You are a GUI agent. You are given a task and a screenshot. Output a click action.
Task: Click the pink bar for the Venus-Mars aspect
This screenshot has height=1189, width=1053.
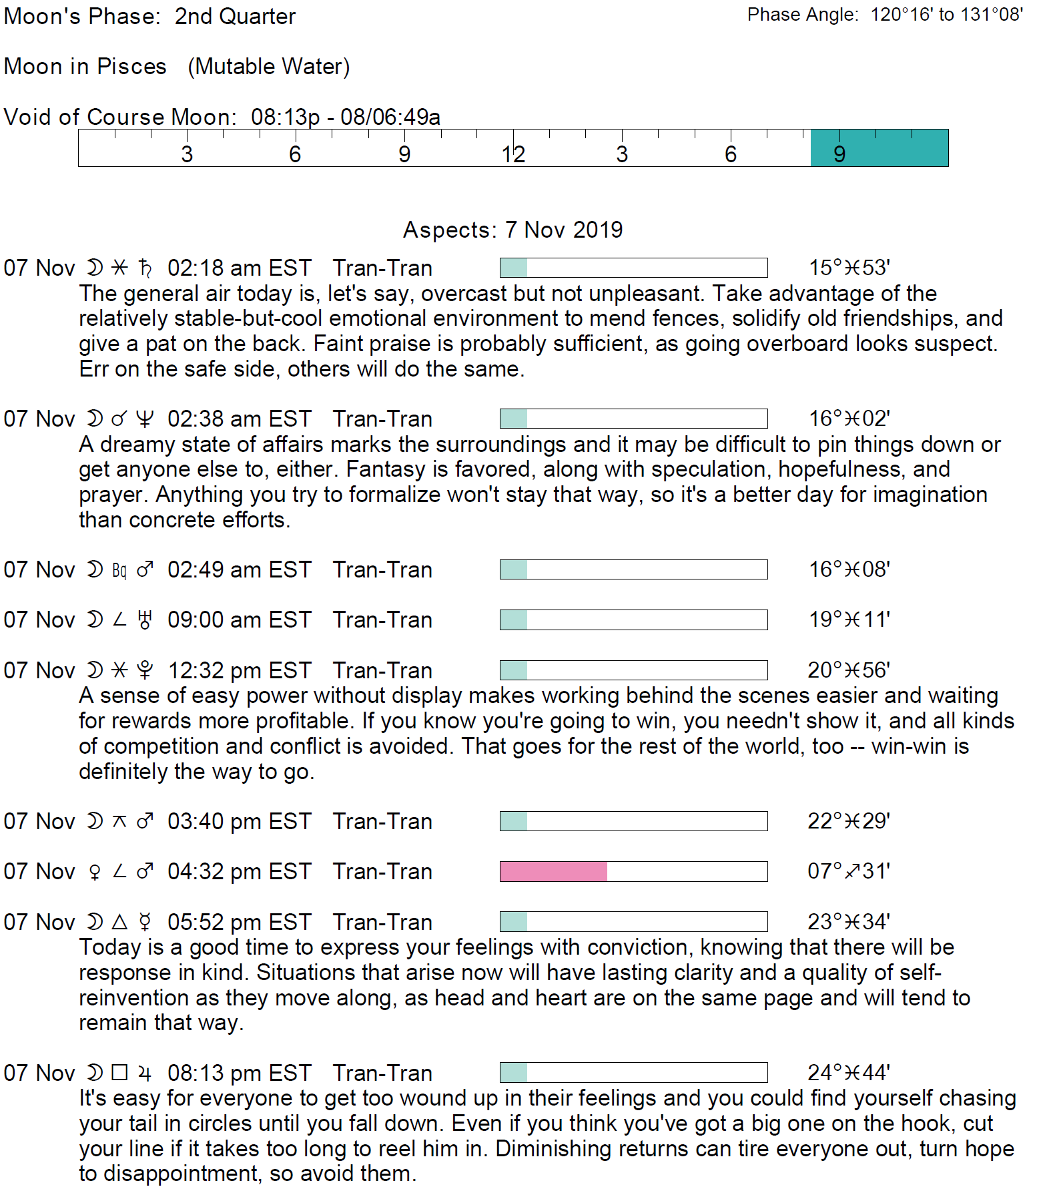tap(553, 871)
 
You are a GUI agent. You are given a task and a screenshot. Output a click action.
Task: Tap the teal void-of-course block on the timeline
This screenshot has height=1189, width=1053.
tap(879, 148)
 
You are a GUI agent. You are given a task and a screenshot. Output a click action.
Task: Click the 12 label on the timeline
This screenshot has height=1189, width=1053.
tap(513, 155)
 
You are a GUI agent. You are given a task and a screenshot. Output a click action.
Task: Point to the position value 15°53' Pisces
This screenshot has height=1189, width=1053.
tap(849, 268)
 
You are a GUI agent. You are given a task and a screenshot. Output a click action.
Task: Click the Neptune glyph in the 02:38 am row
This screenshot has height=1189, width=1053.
tap(145, 419)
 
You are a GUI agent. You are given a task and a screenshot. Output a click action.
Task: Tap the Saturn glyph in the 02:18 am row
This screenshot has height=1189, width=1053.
tap(145, 268)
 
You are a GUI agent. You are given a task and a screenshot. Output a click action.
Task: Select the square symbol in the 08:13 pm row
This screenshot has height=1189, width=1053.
tap(119, 1073)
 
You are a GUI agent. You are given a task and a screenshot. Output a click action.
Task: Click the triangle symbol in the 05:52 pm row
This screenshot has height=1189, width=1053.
tap(119, 922)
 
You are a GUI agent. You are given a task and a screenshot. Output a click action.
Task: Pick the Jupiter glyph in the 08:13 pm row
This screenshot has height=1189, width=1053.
tap(145, 1073)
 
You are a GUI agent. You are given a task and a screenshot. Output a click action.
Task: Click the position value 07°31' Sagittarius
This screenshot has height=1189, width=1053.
tap(849, 871)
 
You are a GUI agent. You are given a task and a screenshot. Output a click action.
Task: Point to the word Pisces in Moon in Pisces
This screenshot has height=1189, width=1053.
tap(131, 67)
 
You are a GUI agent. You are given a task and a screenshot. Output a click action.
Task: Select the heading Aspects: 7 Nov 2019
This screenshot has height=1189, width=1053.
tap(512, 230)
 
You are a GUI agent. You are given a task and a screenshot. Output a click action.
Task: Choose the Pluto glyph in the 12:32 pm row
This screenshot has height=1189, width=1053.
tap(145, 670)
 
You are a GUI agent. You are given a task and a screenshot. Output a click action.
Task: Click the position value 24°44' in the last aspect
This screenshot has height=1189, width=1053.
tap(849, 1073)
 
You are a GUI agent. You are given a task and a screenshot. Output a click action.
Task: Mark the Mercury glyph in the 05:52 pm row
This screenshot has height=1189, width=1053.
tap(145, 922)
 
